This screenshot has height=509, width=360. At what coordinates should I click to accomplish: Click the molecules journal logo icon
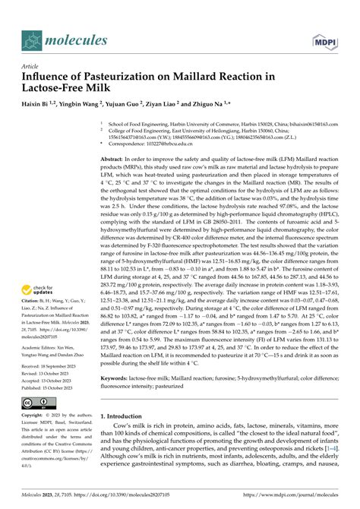point(33,38)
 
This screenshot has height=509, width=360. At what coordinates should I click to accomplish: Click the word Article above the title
point(31,66)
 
